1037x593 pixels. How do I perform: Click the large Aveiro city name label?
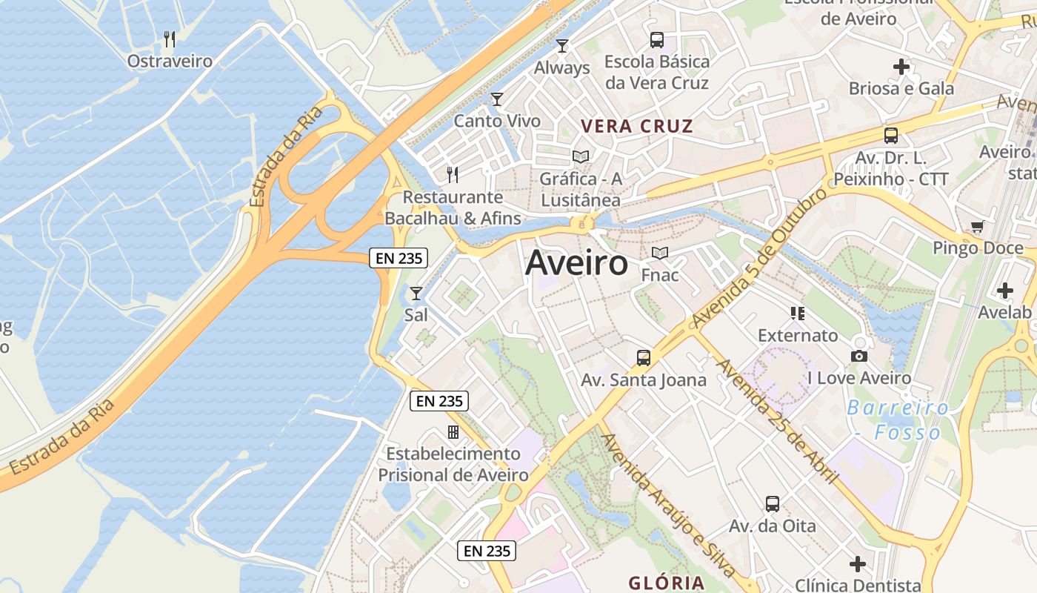click(576, 263)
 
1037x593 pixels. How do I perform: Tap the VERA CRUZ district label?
click(636, 126)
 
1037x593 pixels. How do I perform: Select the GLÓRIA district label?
click(666, 582)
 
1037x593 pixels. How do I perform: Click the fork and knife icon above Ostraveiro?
click(170, 39)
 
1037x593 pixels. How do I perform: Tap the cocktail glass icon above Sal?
click(416, 294)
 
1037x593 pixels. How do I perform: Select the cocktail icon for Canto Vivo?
click(497, 99)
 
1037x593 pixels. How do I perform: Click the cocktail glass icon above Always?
click(562, 46)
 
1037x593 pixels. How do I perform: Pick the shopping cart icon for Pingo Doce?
click(977, 226)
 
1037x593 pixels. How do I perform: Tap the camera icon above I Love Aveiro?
click(859, 357)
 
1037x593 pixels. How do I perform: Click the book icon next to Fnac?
click(659, 253)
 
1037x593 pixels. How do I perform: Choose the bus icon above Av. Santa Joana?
click(644, 358)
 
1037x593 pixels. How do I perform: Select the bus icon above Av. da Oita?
click(773, 504)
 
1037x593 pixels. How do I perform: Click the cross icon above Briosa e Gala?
click(901, 67)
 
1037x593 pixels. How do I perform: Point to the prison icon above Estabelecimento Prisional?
click(453, 431)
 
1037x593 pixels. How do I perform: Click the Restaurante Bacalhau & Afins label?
click(453, 208)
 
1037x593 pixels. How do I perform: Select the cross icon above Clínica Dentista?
click(858, 564)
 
